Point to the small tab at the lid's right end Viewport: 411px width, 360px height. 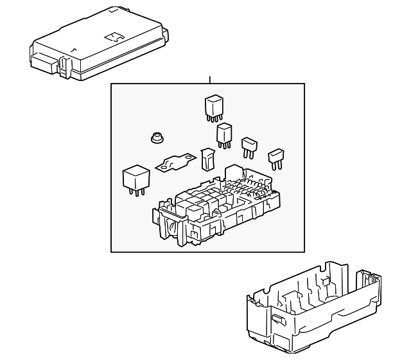(166, 32)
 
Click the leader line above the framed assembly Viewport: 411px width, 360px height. (209, 80)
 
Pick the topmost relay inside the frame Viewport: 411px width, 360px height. (214, 106)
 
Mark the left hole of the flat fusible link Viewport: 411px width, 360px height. (163, 168)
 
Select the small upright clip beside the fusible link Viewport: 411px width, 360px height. (206, 159)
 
